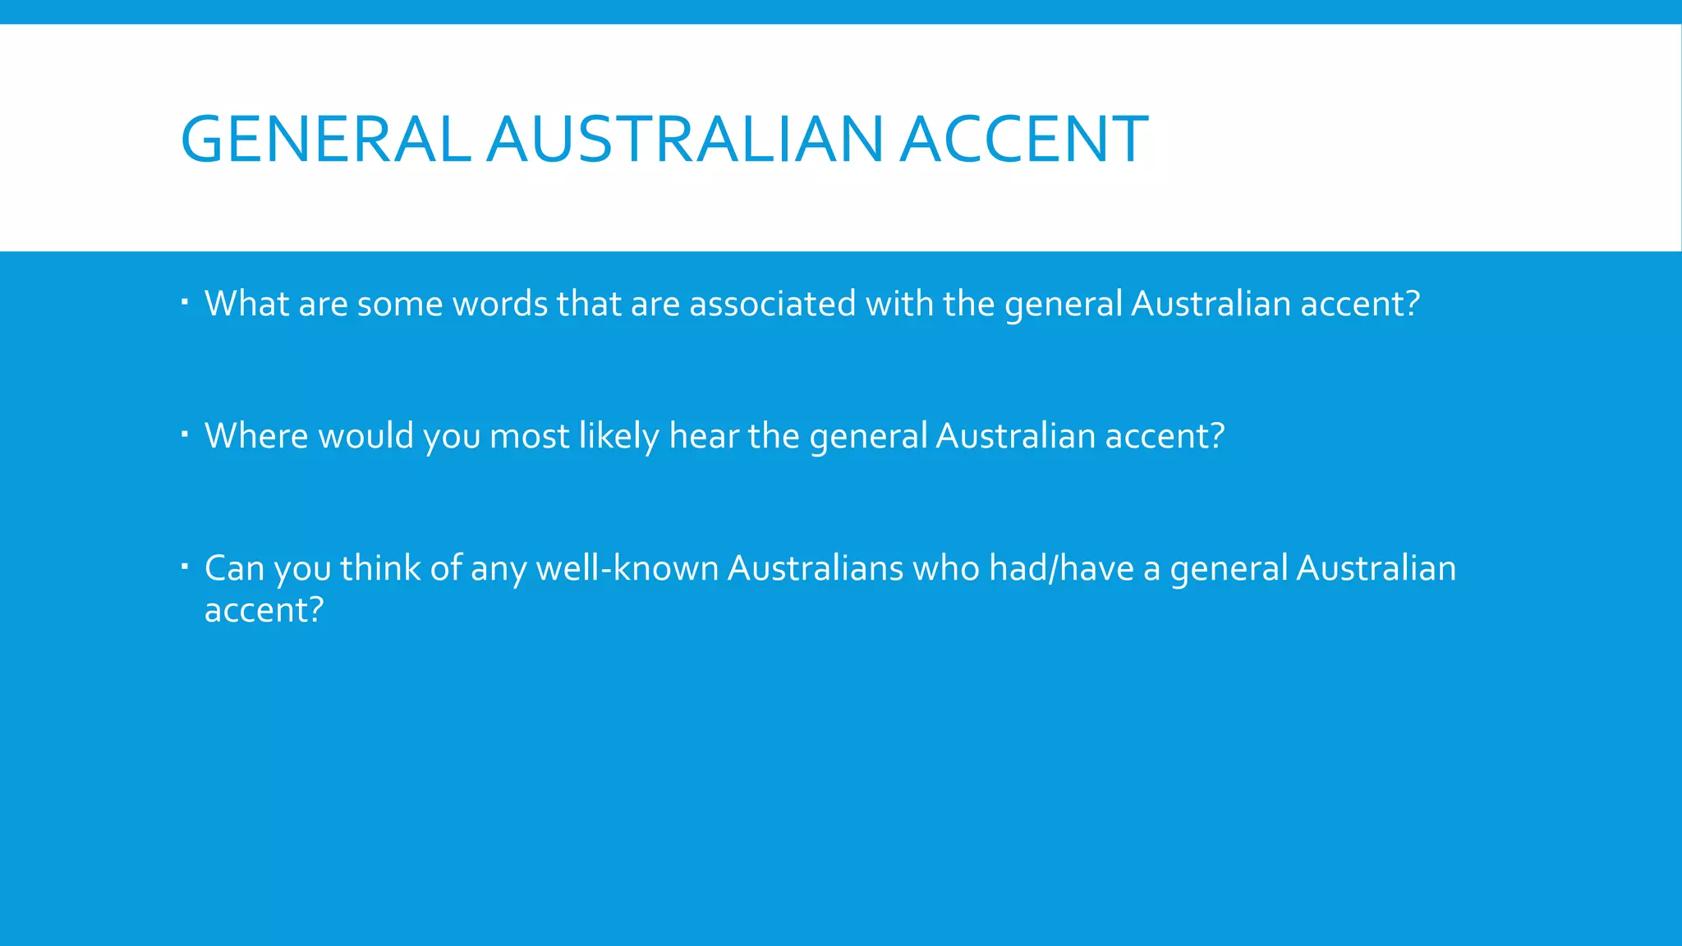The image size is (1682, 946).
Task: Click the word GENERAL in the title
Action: coord(325,139)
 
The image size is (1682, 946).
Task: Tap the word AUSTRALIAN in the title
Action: coord(685,139)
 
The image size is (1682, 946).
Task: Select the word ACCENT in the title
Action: coord(1024,139)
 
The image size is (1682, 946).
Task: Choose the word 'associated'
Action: coord(773,304)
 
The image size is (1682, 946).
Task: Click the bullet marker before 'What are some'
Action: coord(185,302)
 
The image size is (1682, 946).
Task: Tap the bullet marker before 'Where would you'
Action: coord(185,434)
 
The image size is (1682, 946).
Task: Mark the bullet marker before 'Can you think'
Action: coord(185,566)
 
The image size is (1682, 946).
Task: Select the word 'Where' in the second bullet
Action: coord(256,436)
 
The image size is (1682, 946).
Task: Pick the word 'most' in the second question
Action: coord(529,436)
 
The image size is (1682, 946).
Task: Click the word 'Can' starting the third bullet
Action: coord(234,568)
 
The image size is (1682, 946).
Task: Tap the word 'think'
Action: coord(379,568)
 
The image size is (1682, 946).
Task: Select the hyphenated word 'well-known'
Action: coord(627,568)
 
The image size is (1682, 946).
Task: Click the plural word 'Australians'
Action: coord(816,568)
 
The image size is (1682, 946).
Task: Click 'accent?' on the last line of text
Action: coord(264,610)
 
